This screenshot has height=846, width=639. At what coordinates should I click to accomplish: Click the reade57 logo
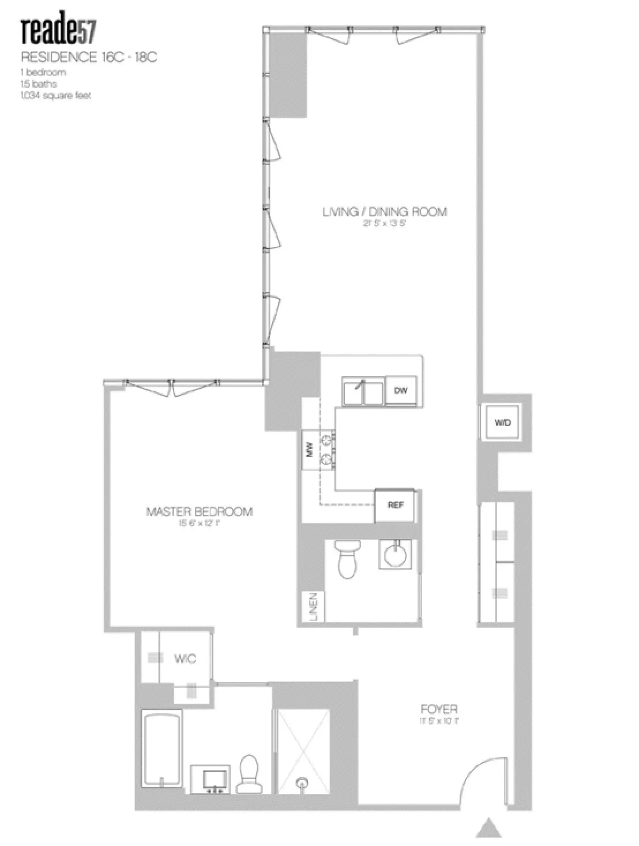click(58, 32)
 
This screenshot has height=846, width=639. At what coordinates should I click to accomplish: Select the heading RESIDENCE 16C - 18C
click(89, 57)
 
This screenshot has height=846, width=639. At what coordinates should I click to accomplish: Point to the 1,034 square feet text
click(55, 95)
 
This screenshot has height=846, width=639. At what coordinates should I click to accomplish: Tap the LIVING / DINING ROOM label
click(384, 212)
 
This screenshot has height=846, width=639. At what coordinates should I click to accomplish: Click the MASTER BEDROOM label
click(199, 511)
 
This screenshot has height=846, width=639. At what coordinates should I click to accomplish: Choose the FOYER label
click(439, 709)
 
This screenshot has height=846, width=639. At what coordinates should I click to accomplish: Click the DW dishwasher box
click(401, 391)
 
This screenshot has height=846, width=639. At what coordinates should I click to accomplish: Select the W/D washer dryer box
click(502, 422)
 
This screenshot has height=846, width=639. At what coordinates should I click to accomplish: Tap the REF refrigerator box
click(395, 505)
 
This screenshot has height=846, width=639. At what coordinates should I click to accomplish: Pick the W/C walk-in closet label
click(185, 659)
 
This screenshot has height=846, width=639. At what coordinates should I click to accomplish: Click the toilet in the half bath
click(348, 558)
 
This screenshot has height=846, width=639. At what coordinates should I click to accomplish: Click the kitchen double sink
click(363, 392)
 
